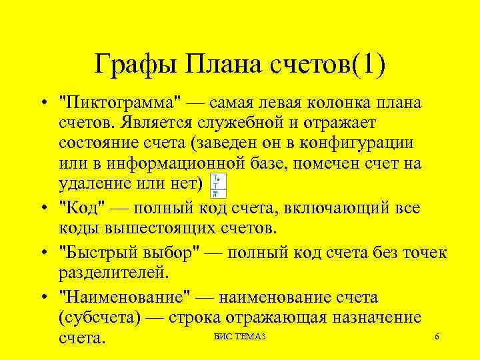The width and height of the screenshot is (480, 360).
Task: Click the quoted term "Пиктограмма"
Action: pyautogui.click(x=120, y=104)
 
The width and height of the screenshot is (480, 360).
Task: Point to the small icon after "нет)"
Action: pyautogui.click(x=217, y=185)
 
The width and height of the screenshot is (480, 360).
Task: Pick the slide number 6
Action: pyautogui.click(x=437, y=336)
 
